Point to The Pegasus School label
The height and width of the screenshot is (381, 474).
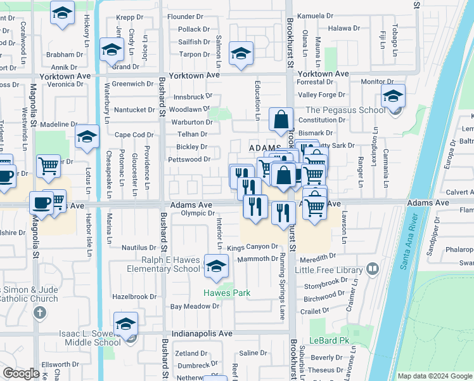click(345, 110)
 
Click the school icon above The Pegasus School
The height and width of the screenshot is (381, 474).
click(393, 97)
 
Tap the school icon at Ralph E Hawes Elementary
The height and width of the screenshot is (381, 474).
click(216, 266)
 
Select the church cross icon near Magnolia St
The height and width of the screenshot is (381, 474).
click(40, 312)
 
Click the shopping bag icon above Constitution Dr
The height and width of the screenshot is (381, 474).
click(281, 118)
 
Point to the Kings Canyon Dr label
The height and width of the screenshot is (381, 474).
click(252, 246)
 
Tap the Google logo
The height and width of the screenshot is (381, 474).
click(21, 373)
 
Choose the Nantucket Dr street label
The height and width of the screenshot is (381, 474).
click(134, 110)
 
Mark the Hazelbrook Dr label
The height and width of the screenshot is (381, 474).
click(134, 297)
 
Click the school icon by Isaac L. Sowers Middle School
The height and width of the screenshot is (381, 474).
click(125, 324)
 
